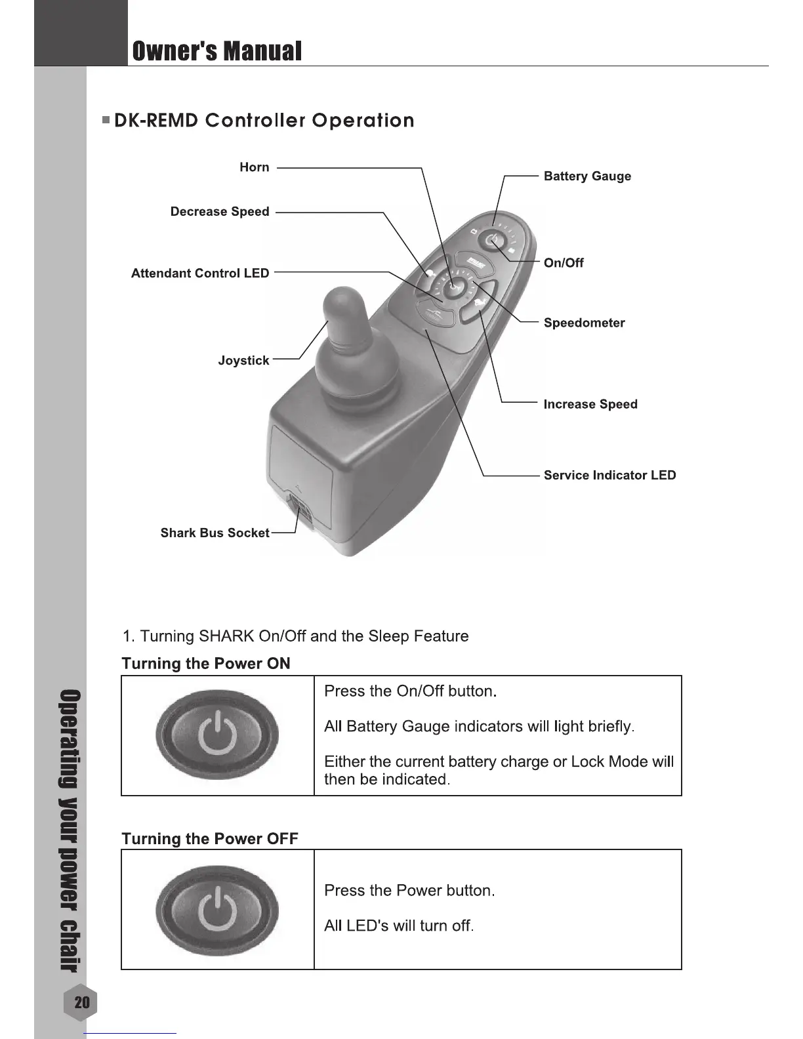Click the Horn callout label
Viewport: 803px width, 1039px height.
(254, 167)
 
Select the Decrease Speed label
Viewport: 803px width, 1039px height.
(219, 211)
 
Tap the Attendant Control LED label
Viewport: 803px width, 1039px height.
(200, 274)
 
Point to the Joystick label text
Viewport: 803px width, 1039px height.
(243, 360)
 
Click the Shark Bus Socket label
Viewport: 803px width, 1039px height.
(215, 533)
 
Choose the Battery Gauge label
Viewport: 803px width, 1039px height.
(587, 176)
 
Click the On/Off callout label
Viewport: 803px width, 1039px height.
(564, 263)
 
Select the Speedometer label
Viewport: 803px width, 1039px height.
(584, 323)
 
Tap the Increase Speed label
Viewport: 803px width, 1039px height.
(590, 404)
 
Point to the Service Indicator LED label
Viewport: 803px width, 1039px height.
(609, 475)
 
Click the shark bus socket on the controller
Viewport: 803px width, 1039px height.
(300, 510)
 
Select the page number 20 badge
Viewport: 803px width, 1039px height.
(82, 1002)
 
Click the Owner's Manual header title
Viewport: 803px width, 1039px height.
(217, 51)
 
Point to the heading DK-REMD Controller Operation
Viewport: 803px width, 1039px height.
(264, 121)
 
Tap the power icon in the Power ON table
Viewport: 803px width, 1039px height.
(217, 735)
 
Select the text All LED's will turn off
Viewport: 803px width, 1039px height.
(399, 926)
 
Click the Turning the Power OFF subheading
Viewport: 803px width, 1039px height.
(210, 839)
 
